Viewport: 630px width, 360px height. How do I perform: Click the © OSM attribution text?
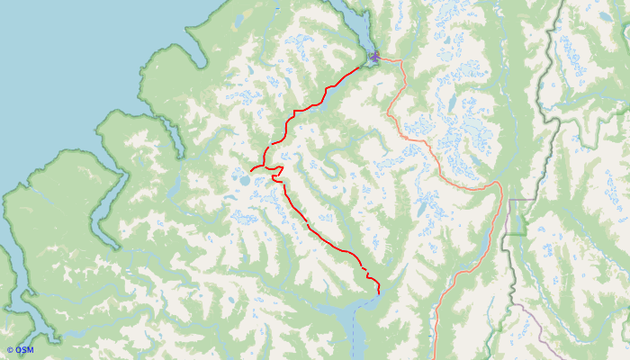tap(20, 349)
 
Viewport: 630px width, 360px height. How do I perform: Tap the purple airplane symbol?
tap(374, 58)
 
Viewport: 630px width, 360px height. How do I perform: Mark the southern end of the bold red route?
tap(378, 293)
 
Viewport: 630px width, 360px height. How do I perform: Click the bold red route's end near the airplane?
tap(368, 62)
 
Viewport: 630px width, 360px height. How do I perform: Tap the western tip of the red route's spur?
tap(251, 169)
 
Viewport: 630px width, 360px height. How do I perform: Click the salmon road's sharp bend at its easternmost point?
tap(499, 184)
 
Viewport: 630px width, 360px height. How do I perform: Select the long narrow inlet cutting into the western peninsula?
tap(108, 207)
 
